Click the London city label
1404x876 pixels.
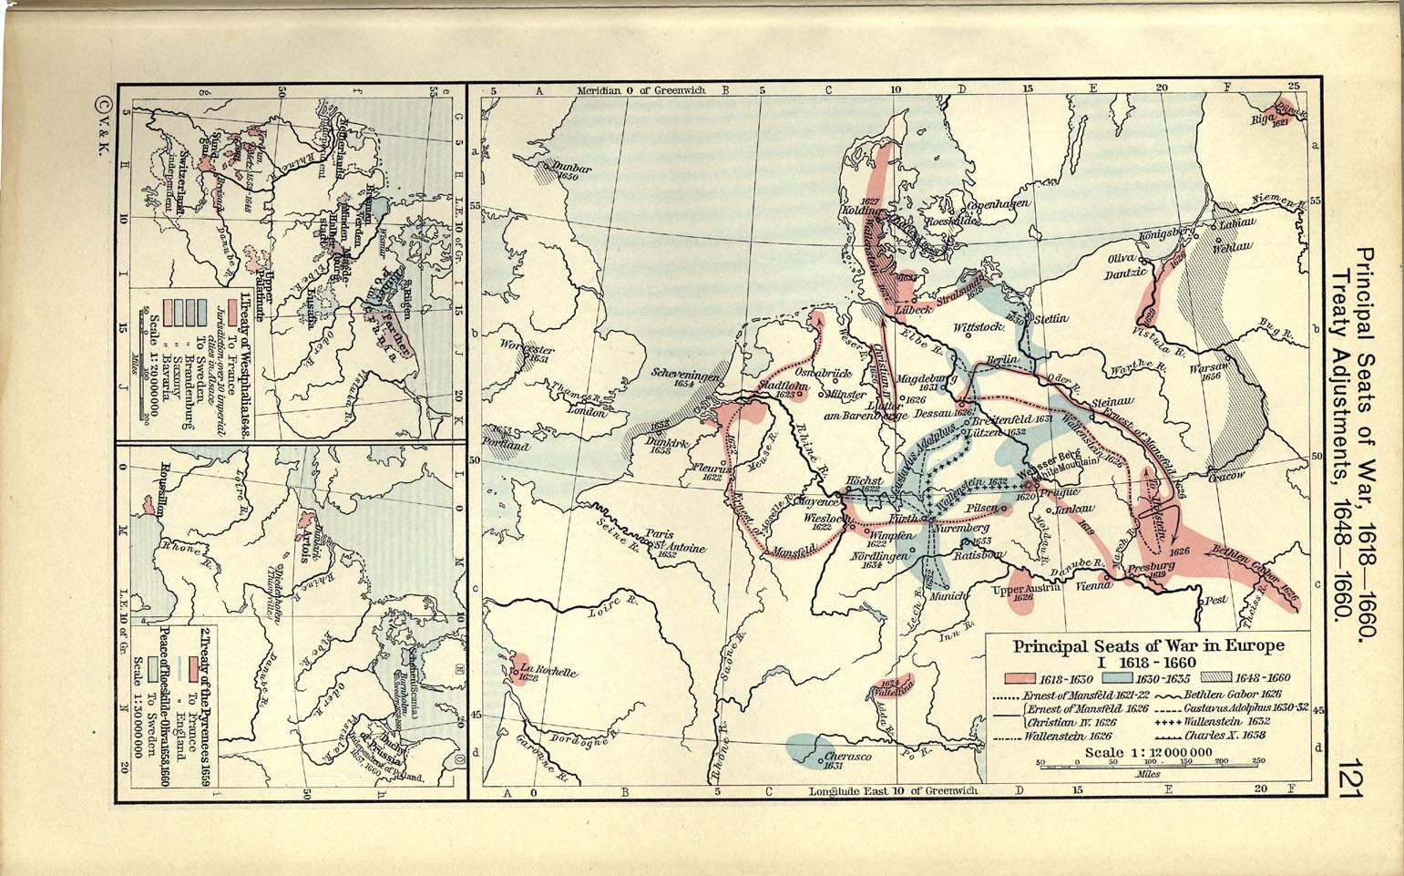pos(587,412)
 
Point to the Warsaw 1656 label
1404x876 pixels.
pos(1209,370)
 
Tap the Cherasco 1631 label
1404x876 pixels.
pos(849,759)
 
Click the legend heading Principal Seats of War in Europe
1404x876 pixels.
pos(1149,645)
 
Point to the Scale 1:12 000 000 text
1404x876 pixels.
pos(1148,753)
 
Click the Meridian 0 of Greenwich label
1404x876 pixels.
pos(641,91)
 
